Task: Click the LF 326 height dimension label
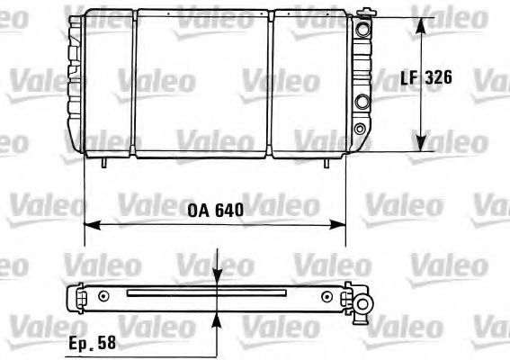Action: point(425,78)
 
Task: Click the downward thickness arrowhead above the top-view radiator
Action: point(217,280)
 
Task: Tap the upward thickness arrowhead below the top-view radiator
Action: point(217,315)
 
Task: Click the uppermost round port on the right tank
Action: point(362,30)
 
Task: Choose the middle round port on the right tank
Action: point(362,102)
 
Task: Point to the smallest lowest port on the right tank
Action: point(361,129)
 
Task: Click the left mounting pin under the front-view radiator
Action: point(106,163)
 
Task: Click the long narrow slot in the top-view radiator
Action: point(206,292)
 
